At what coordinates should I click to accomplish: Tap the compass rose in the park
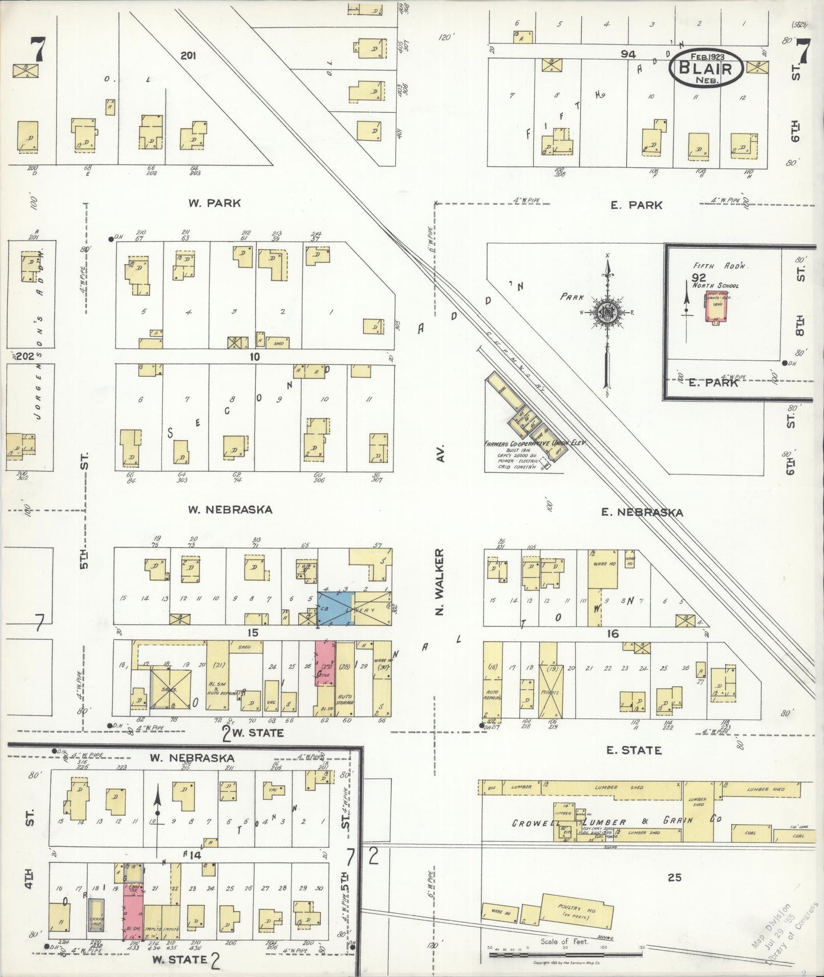[607, 313]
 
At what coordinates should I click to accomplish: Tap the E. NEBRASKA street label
[642, 512]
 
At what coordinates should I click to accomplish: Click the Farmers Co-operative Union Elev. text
[534, 443]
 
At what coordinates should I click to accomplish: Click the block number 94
[628, 54]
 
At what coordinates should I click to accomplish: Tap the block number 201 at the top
[188, 55]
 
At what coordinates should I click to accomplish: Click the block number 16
[613, 633]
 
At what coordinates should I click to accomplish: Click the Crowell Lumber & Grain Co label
[616, 821]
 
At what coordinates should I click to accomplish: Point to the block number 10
[254, 357]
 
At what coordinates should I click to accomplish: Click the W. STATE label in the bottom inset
[179, 959]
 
